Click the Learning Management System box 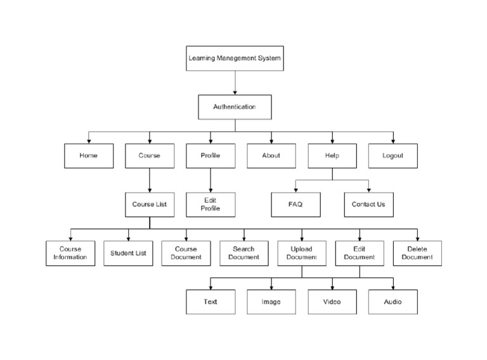coord(235,58)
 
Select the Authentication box coord(235,107)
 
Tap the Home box coord(89,156)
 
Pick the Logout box coord(393,156)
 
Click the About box coord(271,156)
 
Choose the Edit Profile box coord(211,205)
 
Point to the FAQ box coord(295,205)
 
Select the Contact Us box coord(368,205)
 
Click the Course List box coord(150,205)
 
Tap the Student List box coord(128,254)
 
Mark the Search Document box coord(244,254)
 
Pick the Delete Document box coord(417,254)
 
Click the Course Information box coord(70,254)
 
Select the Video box coord(332,302)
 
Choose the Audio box coord(393,302)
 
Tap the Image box coord(271,302)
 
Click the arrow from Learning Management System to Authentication coord(235,83)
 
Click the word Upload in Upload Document coord(302,249)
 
